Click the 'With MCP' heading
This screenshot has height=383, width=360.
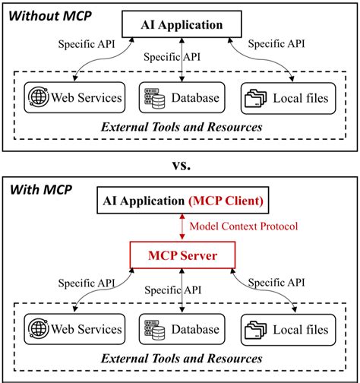tap(38, 189)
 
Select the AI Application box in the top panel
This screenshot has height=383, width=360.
tap(182, 25)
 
